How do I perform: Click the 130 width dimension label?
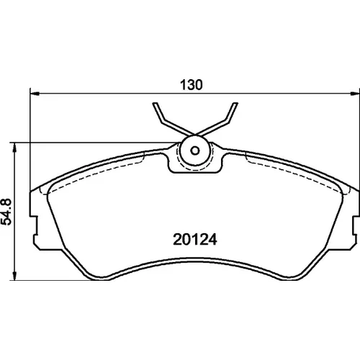tap(192, 85)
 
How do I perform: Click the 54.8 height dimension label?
tap(6, 212)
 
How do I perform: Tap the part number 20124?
tap(195, 240)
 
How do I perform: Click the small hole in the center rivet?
tap(195, 150)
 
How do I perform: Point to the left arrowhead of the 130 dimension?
tap(35, 94)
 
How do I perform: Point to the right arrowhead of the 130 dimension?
tap(355, 94)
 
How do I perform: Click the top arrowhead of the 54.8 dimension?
tap(15, 148)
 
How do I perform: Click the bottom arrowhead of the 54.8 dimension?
tap(15, 276)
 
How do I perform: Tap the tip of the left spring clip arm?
tap(155, 104)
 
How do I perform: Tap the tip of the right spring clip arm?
tap(235, 104)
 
